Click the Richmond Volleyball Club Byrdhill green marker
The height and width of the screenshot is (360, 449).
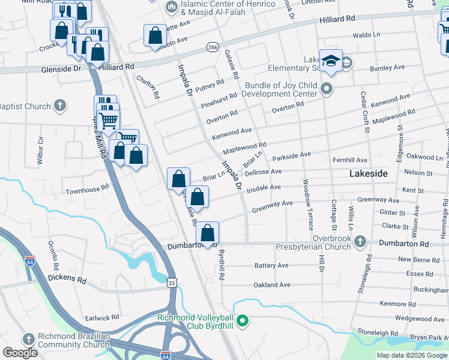tap(243, 322)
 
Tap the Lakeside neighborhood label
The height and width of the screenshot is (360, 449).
tap(369, 173)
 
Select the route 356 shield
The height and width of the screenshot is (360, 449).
tap(212, 47)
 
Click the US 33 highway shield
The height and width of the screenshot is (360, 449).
tap(172, 283)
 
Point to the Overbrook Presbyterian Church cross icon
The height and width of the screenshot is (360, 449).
tap(360, 241)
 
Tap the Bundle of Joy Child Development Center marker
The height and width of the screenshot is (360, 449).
tap(327, 90)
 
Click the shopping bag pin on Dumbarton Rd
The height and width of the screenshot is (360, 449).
tap(207, 233)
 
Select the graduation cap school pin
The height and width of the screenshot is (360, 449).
tap(330, 61)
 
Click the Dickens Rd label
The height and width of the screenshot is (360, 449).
tap(67, 280)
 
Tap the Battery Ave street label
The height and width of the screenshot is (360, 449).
tap(271, 265)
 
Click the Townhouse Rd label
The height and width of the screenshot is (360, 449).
tap(87, 187)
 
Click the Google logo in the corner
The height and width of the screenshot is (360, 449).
tap(20, 353)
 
